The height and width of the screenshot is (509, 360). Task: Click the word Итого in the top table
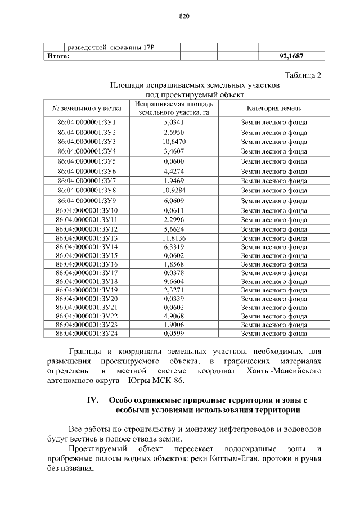coord(57,56)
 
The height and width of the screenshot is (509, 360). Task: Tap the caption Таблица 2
coord(303,75)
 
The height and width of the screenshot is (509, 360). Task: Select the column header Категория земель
coord(274,107)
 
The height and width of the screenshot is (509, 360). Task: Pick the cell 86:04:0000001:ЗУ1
coord(86,122)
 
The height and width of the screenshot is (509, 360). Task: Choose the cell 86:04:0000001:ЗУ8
coord(86,190)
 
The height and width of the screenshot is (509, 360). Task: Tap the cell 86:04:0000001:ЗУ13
coord(86,238)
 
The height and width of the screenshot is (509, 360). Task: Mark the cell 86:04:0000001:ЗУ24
coord(86,334)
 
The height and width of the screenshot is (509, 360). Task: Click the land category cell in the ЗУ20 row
coord(274,299)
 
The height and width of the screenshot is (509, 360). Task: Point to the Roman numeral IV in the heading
coord(92,400)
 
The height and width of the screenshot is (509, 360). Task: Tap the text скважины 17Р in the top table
coord(130,47)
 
